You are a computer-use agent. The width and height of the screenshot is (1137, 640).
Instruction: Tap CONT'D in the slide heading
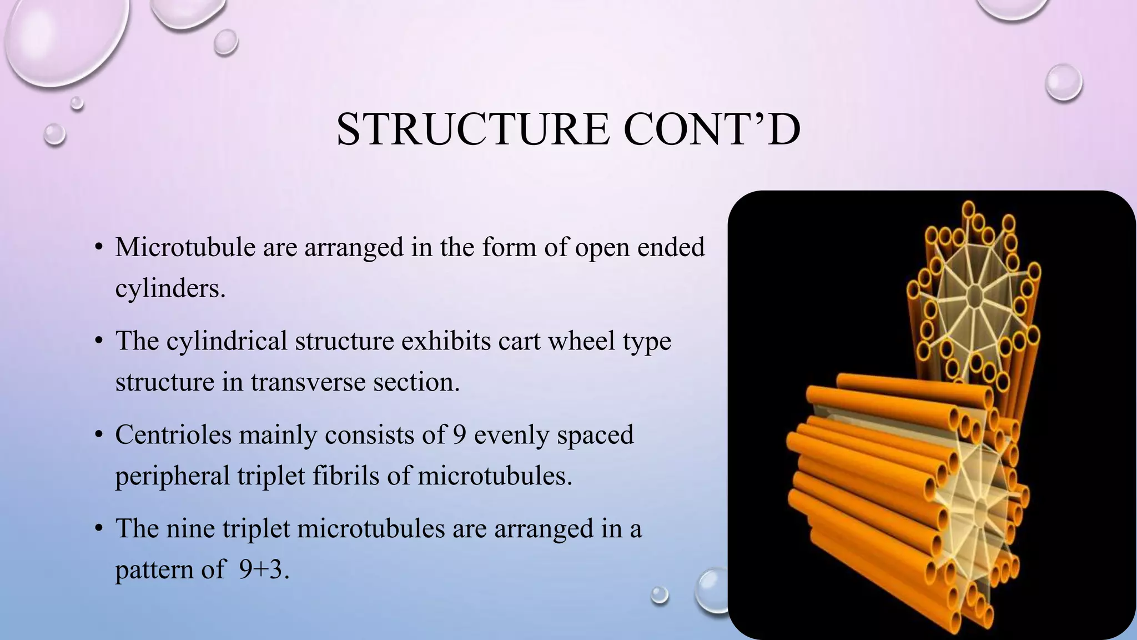click(x=712, y=129)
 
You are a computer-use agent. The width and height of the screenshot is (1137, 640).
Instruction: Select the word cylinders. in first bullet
click(x=170, y=288)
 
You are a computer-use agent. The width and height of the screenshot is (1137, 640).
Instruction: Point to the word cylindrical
click(x=227, y=341)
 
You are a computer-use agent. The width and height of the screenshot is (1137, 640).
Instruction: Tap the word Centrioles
click(x=173, y=434)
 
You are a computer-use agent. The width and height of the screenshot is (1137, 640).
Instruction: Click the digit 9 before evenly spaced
click(x=459, y=434)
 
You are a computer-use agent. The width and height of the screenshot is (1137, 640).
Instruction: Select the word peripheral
click(x=172, y=476)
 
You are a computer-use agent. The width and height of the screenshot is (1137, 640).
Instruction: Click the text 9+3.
click(x=261, y=569)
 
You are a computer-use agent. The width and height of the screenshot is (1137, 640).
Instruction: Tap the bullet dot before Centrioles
click(x=98, y=434)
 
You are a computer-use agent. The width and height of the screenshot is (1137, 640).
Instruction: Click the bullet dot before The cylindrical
click(x=98, y=341)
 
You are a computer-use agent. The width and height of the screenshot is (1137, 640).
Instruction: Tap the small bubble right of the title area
click(x=1063, y=82)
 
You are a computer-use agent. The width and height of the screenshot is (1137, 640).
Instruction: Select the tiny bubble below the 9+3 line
click(x=660, y=595)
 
